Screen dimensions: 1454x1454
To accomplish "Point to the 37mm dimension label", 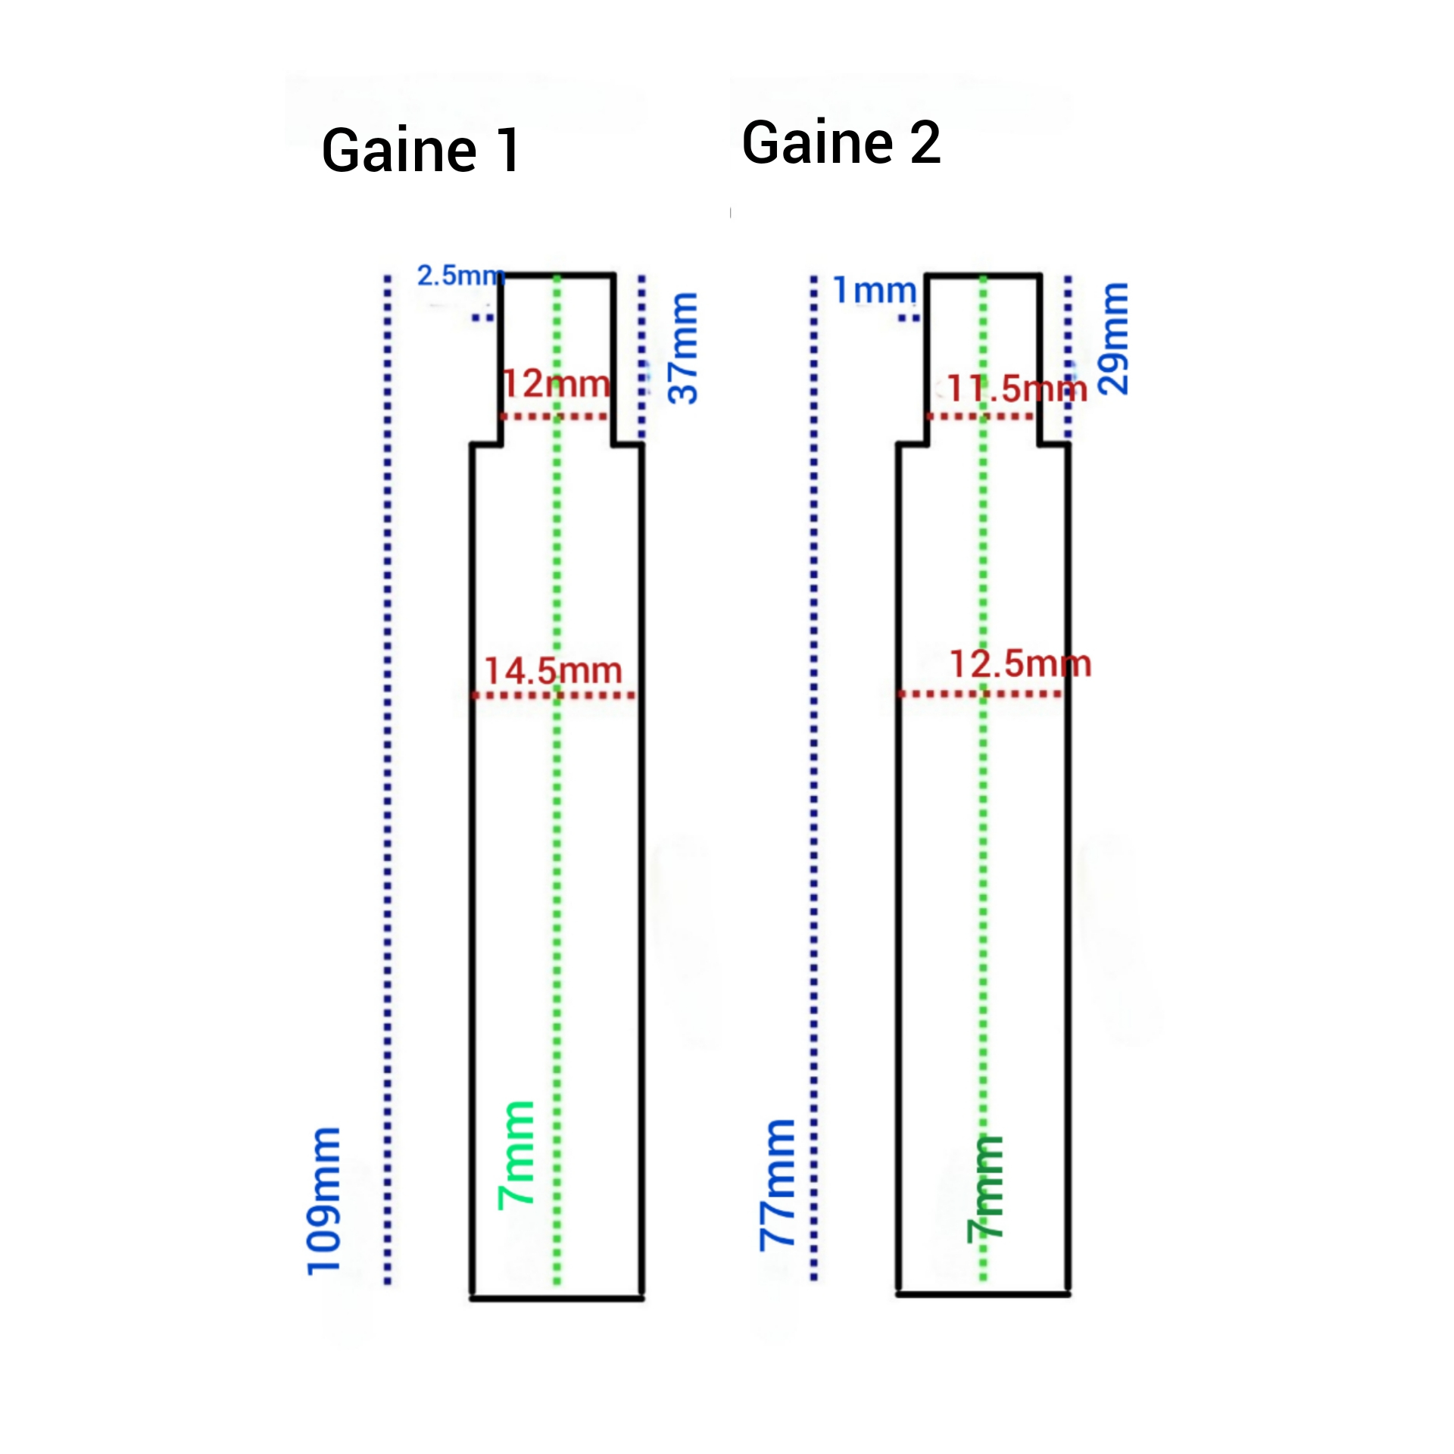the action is click(x=683, y=348).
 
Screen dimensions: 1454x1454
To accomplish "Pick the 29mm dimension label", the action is click(x=1113, y=339).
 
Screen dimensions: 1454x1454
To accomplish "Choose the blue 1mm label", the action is click(x=875, y=290).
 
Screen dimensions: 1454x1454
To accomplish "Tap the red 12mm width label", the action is click(x=557, y=384).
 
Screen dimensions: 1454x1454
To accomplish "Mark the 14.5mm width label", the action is click(x=554, y=671).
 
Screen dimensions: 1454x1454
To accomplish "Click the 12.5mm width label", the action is click(x=1021, y=664).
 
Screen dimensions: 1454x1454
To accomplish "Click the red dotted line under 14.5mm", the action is click(x=554, y=695).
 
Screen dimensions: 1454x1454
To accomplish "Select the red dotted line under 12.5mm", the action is click(x=980, y=694).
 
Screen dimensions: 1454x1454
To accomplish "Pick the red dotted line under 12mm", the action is click(x=554, y=417).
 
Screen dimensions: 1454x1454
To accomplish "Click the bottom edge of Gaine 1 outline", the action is click(x=557, y=1299).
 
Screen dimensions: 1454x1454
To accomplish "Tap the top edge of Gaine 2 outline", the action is click(x=984, y=276).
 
